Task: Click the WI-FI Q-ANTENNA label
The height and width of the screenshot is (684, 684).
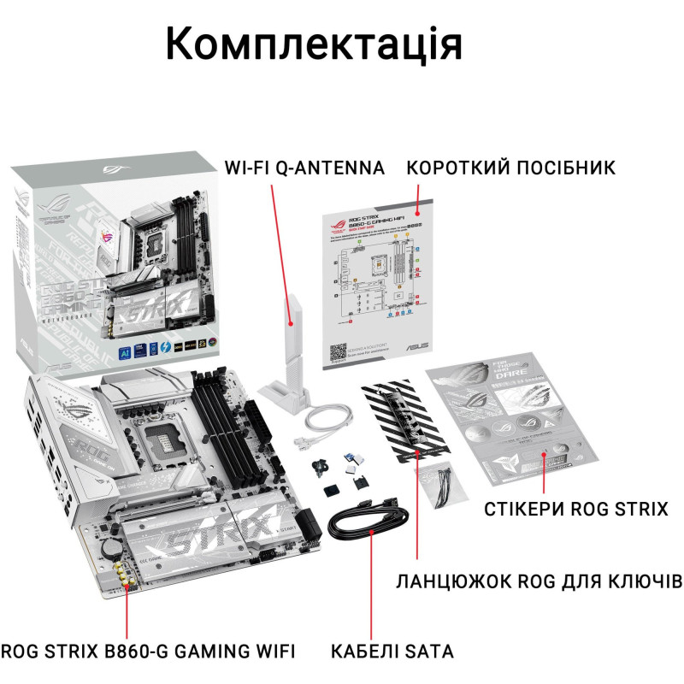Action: tap(304, 167)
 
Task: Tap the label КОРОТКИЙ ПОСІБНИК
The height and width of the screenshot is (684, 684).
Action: tap(510, 167)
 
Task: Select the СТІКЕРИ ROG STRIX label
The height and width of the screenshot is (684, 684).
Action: tap(576, 510)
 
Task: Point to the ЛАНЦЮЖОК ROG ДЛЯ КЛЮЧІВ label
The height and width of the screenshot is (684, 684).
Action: tap(540, 582)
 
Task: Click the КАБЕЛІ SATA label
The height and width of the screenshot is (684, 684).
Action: tap(393, 652)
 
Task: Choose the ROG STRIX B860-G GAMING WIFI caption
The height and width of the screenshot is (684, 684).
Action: tap(148, 652)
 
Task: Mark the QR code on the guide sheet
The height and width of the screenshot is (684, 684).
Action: tap(339, 352)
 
